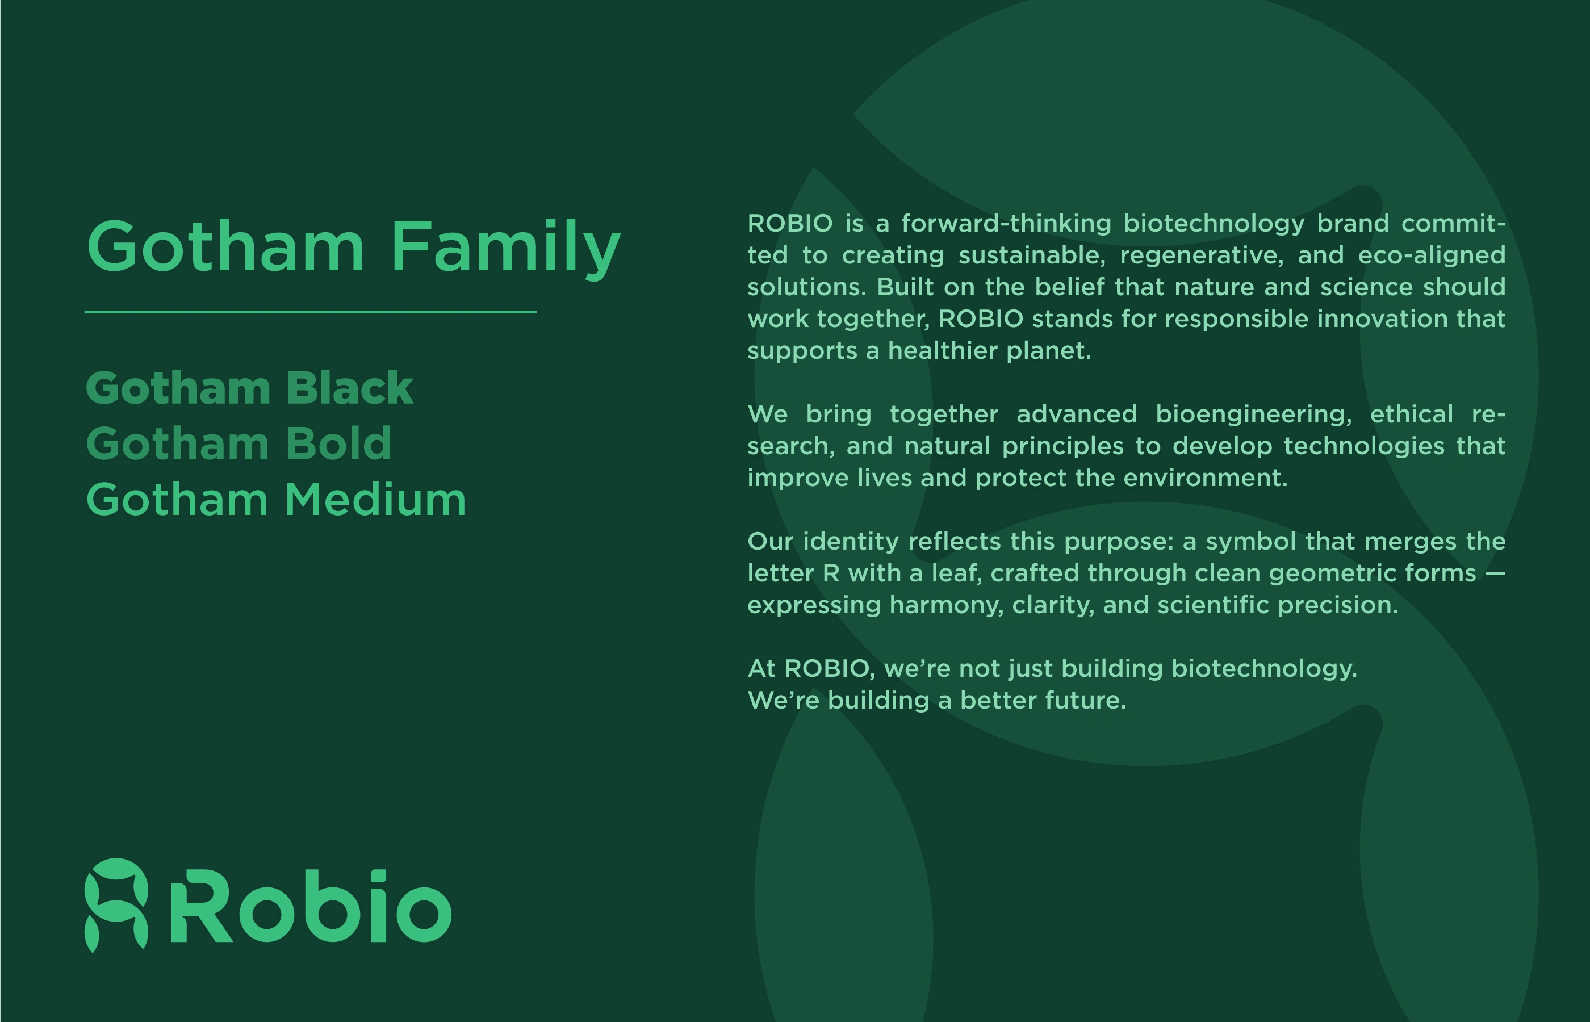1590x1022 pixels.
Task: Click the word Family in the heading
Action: click(505, 247)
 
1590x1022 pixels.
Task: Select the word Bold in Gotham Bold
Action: click(339, 443)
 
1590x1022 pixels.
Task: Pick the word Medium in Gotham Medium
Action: click(375, 499)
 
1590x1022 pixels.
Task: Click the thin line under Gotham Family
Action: click(311, 311)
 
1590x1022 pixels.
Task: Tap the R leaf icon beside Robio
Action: click(116, 905)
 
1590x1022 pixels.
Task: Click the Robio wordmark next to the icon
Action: click(311, 905)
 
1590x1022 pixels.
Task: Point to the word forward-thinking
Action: click(1006, 223)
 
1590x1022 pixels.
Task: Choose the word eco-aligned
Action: click(1432, 256)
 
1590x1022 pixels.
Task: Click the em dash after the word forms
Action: click(1495, 573)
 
